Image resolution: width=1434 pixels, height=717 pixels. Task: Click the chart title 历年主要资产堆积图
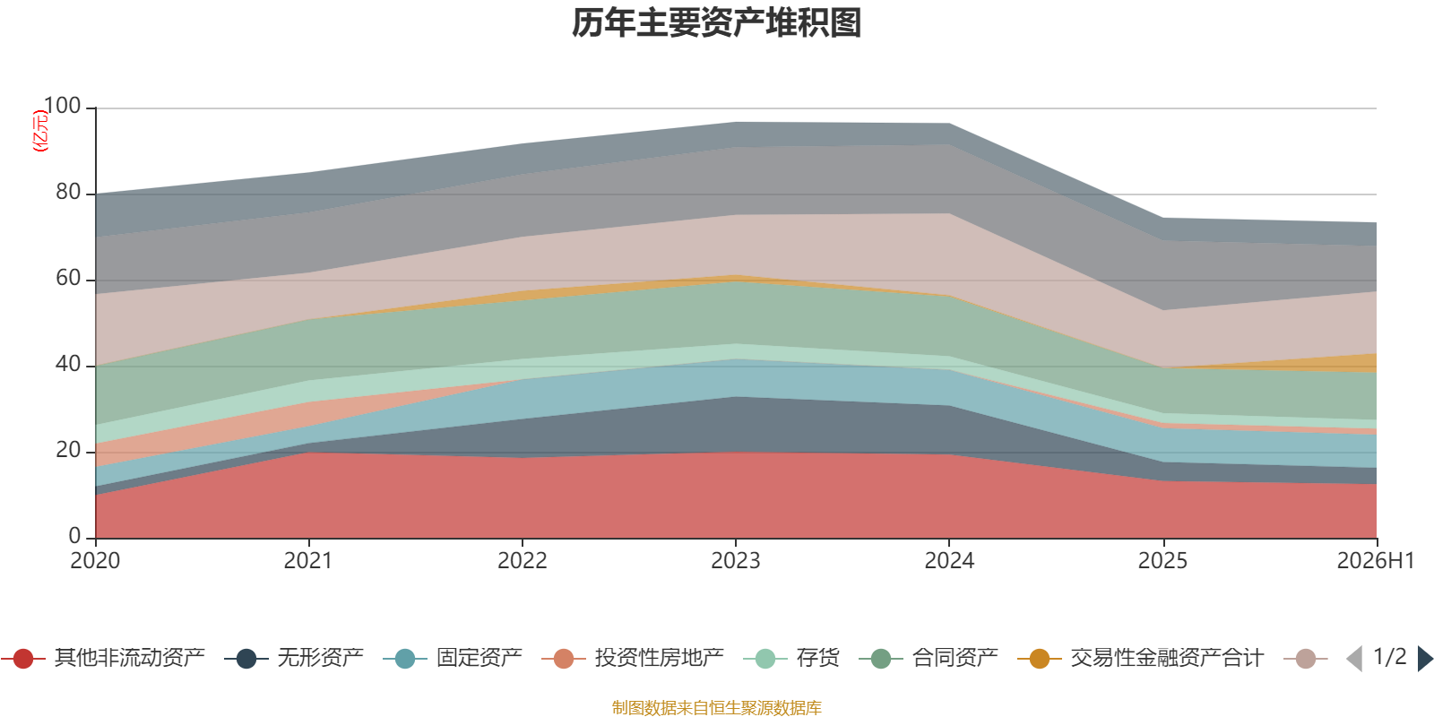tap(716, 23)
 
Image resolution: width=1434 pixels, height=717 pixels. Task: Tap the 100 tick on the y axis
tap(63, 106)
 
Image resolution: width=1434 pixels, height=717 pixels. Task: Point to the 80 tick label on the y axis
tap(68, 192)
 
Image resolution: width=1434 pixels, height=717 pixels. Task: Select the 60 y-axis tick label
tap(68, 278)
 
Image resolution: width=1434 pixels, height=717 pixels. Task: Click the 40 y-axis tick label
tap(68, 364)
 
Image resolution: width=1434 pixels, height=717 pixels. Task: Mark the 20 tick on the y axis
tap(68, 450)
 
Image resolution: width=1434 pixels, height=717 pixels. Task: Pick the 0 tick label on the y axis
tap(75, 536)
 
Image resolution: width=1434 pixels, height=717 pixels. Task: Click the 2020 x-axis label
tap(95, 561)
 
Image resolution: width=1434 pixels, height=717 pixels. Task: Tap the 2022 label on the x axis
tap(523, 561)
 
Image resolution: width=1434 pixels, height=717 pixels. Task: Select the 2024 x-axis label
tap(949, 561)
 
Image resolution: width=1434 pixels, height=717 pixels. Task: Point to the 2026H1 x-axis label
tap(1376, 561)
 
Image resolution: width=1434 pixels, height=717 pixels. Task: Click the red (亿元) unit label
tap(40, 131)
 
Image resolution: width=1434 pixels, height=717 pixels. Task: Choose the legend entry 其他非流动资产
tap(103, 658)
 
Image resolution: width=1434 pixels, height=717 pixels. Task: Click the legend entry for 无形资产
tap(294, 658)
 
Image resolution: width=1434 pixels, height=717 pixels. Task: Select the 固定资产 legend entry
tap(453, 658)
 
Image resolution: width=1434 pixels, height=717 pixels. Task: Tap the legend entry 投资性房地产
tap(633, 658)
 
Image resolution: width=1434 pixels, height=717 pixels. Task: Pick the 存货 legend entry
tap(791, 658)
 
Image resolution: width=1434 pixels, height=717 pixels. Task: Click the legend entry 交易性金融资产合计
tap(1140, 658)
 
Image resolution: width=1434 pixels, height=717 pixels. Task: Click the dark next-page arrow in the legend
tap(1425, 658)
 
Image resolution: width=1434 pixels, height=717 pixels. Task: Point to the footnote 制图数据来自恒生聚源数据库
tap(716, 707)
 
